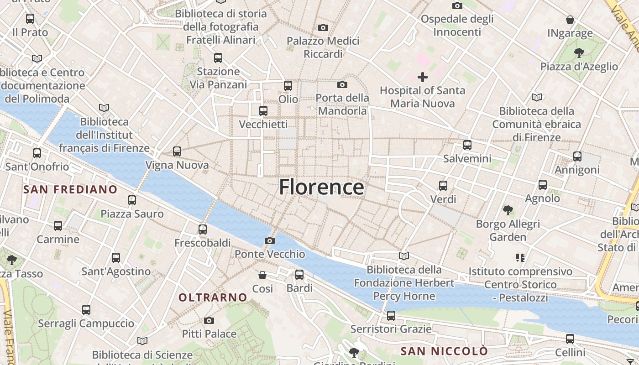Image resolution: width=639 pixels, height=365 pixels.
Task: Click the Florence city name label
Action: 321,187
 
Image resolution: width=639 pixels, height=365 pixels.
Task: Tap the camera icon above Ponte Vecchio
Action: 270,240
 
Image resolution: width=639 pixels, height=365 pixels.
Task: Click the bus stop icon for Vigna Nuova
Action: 177,151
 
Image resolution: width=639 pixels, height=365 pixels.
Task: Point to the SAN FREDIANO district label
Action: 70,189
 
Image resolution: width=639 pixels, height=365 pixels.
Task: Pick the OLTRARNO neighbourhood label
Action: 213,297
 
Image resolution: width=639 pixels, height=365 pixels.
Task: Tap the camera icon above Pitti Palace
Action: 209,320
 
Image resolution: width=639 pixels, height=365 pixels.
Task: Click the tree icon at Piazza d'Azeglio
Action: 579,52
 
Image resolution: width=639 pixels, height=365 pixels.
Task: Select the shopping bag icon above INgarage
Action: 570,20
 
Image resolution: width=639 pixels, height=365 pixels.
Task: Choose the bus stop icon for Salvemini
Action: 467,145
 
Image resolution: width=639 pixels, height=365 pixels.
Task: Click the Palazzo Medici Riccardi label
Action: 323,47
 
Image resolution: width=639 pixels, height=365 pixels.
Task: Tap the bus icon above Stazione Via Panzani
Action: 218,58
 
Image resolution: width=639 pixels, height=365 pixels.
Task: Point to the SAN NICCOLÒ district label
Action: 444,351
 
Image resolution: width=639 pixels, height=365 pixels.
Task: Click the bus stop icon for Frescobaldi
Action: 203,229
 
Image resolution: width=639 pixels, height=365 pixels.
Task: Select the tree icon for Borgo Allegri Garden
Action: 508,210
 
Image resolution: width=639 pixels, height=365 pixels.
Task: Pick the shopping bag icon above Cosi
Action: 262,275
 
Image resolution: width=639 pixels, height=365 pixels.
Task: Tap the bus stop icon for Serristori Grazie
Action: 391,315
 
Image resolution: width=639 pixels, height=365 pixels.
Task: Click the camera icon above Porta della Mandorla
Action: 342,84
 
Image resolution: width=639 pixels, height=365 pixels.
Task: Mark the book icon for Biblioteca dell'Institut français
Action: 104,108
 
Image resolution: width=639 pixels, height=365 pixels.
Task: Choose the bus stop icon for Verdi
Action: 443,186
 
